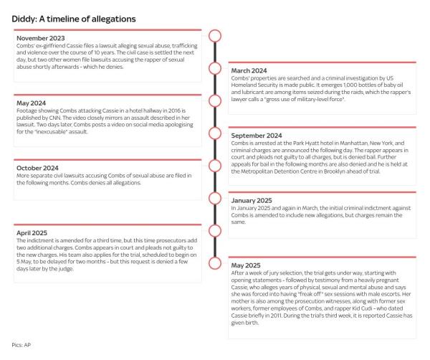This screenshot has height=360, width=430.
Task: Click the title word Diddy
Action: (24, 18)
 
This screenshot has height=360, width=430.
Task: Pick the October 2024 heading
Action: (37, 168)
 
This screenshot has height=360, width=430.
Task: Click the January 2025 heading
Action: (255, 200)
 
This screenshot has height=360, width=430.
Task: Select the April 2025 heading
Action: (32, 232)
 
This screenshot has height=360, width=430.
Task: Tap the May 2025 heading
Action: (249, 265)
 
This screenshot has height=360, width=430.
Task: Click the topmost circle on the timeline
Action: (214, 36)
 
